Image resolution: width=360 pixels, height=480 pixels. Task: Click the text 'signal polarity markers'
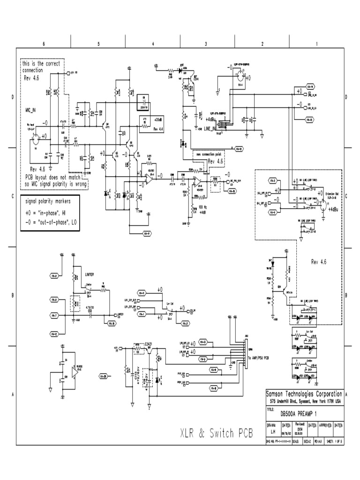point(49,202)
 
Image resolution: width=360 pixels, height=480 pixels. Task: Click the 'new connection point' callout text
point(208,154)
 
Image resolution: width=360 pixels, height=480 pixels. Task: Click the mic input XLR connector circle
point(34,138)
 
